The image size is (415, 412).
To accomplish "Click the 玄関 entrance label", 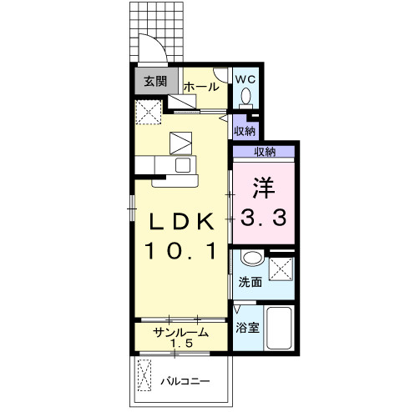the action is pos(155,81).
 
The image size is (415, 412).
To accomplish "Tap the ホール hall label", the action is pos(201,87).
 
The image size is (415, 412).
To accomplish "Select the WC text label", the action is pos(245,79).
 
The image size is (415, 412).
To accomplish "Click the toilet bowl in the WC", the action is pos(245,98).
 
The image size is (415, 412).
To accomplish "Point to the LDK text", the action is pos(182,221).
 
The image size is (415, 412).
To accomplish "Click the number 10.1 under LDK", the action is pos(180,250).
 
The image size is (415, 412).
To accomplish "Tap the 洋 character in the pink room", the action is pos(264,188).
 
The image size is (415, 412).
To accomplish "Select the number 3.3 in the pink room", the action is pos(263,218).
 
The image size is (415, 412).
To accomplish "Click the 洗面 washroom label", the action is pos(251,282).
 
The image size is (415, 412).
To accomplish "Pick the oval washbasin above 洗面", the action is pos(252,258).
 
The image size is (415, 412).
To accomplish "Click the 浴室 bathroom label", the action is pos(247,328).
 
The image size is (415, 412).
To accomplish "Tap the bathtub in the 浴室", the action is pos(279,328).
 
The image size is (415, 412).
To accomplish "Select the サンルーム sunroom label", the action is pos(180,332).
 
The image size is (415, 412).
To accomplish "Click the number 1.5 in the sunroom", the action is pos(181,344).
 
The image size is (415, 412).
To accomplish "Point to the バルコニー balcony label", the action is pos(185,381).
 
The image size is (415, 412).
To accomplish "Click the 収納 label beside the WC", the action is pos(245,131).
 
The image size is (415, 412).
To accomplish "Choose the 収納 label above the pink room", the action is pos(265,152).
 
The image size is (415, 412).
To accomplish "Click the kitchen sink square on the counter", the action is pos(183,165).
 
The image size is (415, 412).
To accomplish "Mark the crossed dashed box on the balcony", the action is pos(144,375).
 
